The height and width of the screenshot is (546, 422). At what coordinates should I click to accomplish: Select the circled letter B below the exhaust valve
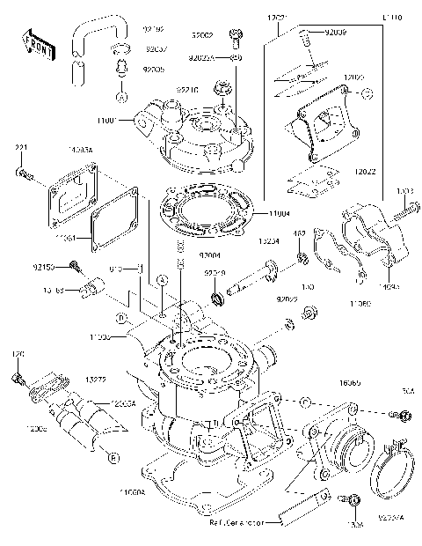tap(113, 456)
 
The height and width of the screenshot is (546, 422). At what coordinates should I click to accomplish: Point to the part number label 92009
tap(336, 32)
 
